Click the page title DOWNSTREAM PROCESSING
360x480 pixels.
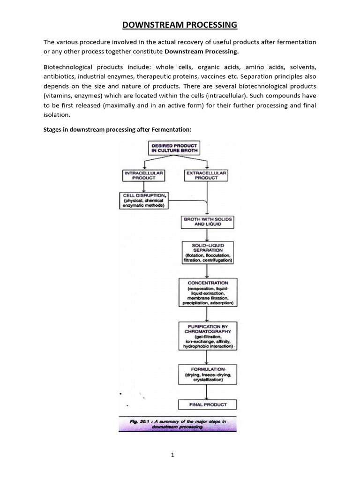pyautogui.click(x=180, y=25)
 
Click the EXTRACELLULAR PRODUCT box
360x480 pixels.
pyautogui.click(x=207, y=175)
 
